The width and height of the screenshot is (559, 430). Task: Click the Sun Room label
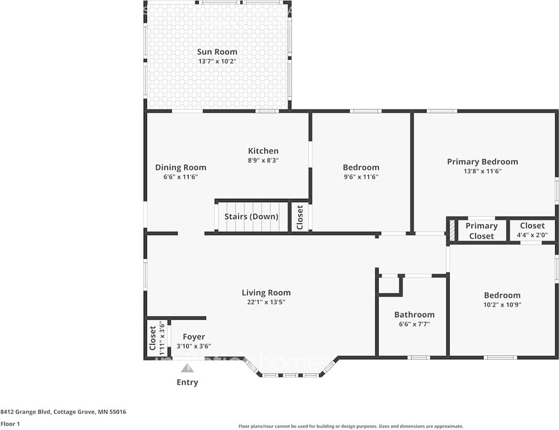tap(217, 52)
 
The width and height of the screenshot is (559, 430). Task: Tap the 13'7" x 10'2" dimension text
tap(217, 61)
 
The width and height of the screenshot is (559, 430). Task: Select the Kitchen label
tap(263, 151)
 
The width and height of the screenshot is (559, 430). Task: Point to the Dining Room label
tap(180, 167)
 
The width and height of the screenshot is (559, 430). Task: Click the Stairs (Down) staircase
tap(251, 217)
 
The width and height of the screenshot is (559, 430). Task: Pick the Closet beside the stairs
tap(300, 217)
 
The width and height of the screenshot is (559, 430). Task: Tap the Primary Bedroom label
tap(482, 162)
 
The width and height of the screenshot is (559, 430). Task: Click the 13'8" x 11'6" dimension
tap(482, 171)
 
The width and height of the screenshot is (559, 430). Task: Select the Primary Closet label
tap(481, 231)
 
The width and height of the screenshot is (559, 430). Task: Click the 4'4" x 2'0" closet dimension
tap(532, 235)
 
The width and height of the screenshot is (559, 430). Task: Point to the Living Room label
tap(266, 293)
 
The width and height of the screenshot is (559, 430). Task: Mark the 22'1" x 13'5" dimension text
tap(266, 302)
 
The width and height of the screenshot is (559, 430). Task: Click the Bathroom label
tap(414, 314)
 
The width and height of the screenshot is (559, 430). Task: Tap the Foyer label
tap(193, 337)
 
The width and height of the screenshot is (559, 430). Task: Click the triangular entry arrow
tap(187, 368)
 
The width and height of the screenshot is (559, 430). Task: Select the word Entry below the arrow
tap(187, 382)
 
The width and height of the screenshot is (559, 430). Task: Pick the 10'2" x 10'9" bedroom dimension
tap(502, 305)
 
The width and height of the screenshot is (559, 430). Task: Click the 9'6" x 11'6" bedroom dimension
tap(361, 177)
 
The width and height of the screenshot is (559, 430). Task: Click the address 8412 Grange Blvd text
tap(63, 412)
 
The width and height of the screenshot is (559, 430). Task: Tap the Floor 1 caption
tap(10, 424)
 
